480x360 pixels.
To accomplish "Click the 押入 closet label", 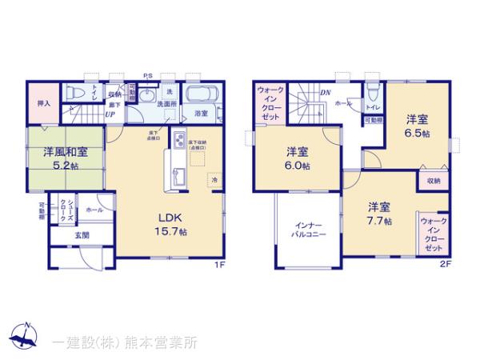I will [x=43, y=104].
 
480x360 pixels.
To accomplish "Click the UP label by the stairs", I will [x=108, y=115].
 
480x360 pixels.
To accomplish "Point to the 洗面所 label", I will [x=166, y=105].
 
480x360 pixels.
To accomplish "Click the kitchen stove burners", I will [x=178, y=145].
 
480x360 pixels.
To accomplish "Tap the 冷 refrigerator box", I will [x=214, y=180].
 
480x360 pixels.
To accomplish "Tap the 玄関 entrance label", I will [x=83, y=235].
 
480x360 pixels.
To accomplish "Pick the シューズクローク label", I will [x=70, y=210].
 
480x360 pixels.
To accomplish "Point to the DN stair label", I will [x=325, y=93].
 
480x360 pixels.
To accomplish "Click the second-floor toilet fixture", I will [x=374, y=90].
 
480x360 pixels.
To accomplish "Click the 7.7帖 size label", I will [x=378, y=222].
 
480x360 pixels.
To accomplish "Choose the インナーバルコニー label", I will [x=308, y=231].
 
